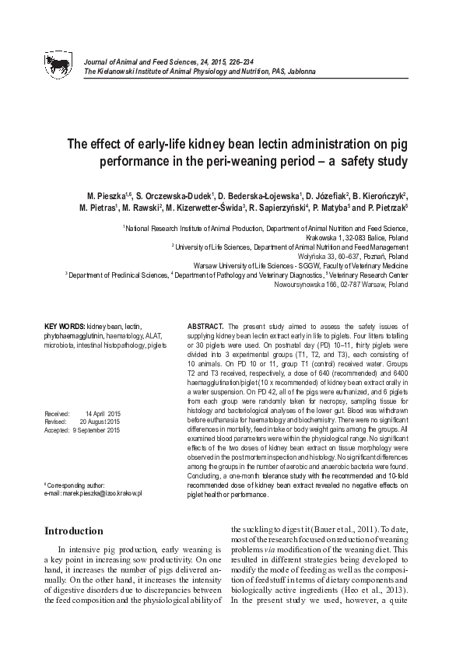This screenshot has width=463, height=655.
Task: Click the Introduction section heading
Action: pyautogui.click(x=74, y=531)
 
